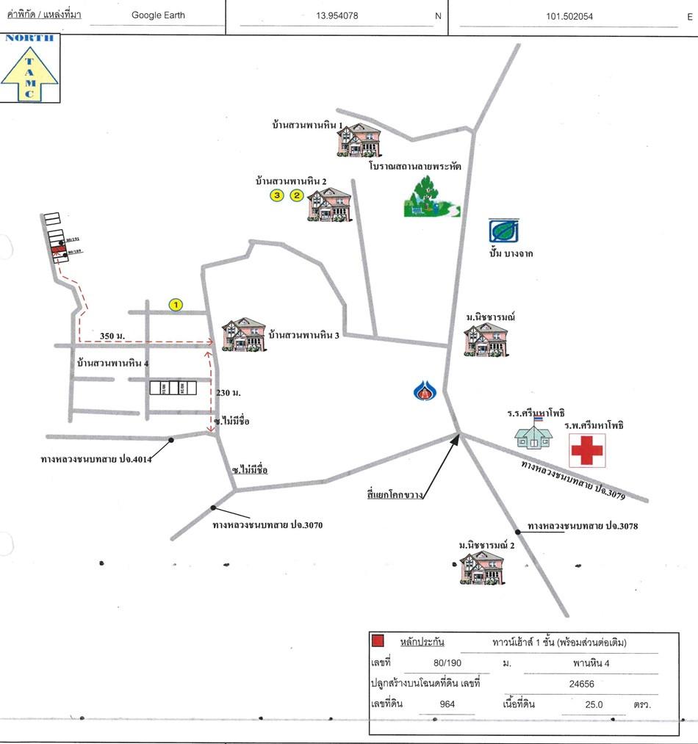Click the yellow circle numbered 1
176,304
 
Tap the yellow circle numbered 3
276,195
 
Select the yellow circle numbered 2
297,195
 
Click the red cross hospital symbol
586,449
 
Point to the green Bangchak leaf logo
504,231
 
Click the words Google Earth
158,15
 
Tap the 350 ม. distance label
112,336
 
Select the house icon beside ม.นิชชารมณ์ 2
482,567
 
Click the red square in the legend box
378,641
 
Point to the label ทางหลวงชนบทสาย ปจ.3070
267,526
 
